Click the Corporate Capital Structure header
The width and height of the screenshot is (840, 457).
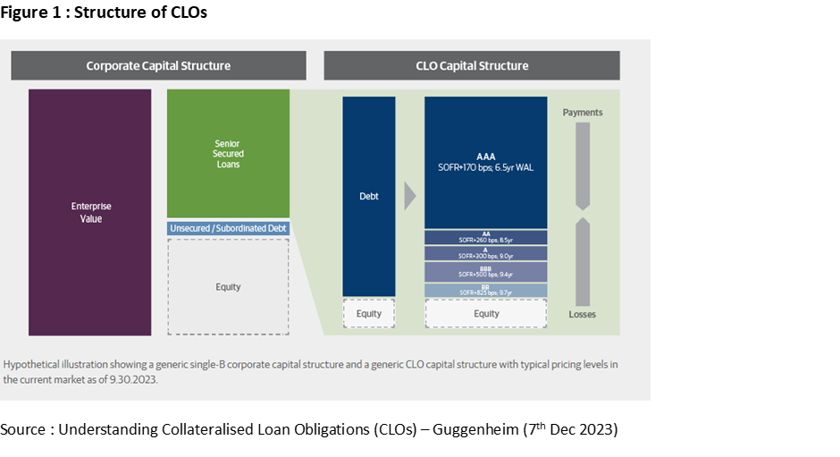pos(158,65)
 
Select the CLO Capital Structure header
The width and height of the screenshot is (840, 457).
pos(471,65)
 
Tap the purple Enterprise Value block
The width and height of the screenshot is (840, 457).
pos(89,212)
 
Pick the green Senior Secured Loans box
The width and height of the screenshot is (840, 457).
pos(228,153)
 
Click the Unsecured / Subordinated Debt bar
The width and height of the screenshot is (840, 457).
pos(228,229)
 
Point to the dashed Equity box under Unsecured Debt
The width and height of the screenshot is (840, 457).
pos(228,287)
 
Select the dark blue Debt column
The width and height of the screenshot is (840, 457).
pos(368,196)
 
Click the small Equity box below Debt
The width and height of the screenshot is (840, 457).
pos(368,314)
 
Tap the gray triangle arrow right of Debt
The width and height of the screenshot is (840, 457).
pos(409,196)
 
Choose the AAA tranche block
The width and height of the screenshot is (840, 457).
pos(485,162)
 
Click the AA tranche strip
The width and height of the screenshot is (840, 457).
pos(485,237)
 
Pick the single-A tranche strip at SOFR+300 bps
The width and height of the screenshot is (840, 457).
pos(485,253)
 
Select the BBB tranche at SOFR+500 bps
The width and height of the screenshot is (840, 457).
pos(485,272)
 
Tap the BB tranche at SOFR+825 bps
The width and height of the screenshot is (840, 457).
pos(485,291)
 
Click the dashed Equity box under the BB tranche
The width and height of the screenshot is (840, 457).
pos(485,314)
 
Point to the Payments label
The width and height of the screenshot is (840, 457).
pos(583,113)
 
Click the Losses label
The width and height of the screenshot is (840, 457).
pos(583,315)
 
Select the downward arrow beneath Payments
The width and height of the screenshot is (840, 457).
pos(583,165)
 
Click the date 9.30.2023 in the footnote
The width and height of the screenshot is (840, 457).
pos(130,379)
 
